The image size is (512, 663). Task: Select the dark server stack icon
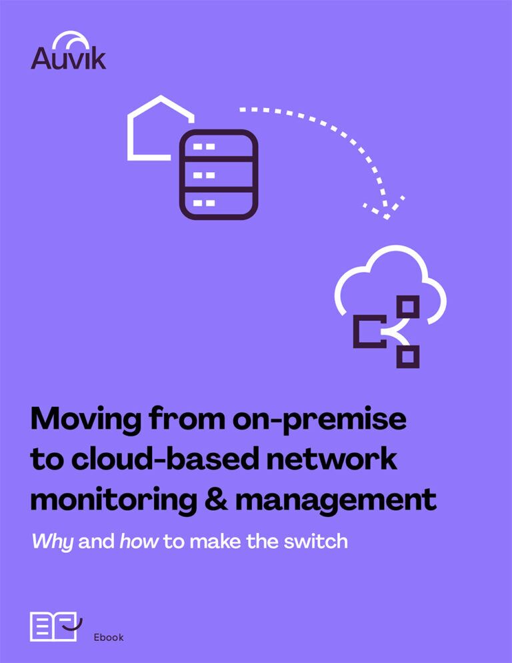(218, 174)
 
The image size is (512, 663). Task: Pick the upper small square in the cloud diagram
(408, 307)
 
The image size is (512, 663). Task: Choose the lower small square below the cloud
(408, 356)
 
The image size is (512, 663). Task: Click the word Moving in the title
(84, 420)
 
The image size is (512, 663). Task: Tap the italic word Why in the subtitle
(53, 541)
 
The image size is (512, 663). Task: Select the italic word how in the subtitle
(139, 540)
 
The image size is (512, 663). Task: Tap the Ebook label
(109, 637)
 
